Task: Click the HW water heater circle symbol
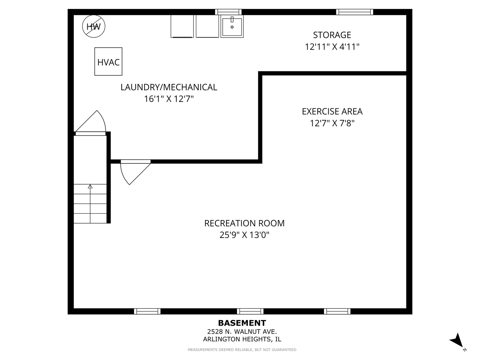(94, 26)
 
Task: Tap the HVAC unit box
(108, 62)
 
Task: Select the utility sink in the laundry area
(232, 26)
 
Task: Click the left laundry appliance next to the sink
(182, 26)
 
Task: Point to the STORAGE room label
(332, 35)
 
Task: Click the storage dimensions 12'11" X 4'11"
(332, 47)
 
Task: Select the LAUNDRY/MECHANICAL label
(169, 87)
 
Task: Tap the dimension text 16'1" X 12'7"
(169, 99)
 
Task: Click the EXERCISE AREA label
(332, 111)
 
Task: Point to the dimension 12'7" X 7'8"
(332, 123)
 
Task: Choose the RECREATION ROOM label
(244, 223)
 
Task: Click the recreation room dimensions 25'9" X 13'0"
(244, 235)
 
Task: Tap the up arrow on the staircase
(90, 187)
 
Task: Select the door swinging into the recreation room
(133, 172)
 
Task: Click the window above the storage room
(354, 12)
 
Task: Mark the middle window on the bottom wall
(250, 311)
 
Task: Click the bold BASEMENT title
(242, 323)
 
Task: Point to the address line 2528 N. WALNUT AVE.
(242, 332)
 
